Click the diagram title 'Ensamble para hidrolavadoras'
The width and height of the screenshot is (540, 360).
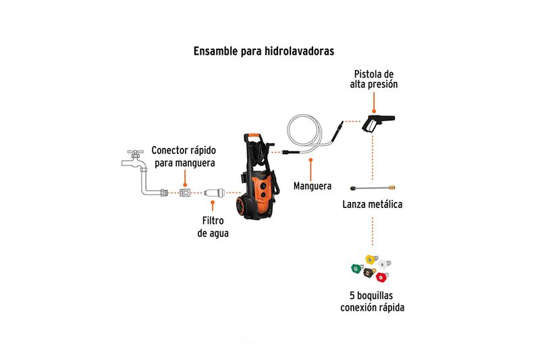(x=263, y=51)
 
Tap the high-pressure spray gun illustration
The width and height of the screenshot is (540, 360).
(x=377, y=122)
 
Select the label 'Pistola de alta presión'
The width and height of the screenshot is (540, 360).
(x=374, y=79)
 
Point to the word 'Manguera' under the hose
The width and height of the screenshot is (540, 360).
(x=313, y=186)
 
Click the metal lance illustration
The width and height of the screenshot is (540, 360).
(x=373, y=188)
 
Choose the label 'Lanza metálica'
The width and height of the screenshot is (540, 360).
(x=373, y=204)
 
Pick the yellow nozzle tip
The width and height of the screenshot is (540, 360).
(x=371, y=259)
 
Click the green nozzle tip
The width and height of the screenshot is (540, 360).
(x=357, y=268)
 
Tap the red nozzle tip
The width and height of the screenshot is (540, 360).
(x=381, y=277)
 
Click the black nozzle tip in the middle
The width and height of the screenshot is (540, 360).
(x=369, y=272)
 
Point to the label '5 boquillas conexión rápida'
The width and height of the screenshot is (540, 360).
(x=373, y=301)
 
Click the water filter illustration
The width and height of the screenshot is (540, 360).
(x=214, y=192)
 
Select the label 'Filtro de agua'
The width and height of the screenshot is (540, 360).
(x=213, y=227)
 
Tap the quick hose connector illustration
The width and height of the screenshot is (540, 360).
(x=185, y=192)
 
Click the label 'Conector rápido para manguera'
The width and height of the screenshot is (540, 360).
(x=184, y=157)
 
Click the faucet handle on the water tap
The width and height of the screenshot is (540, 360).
(x=136, y=152)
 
